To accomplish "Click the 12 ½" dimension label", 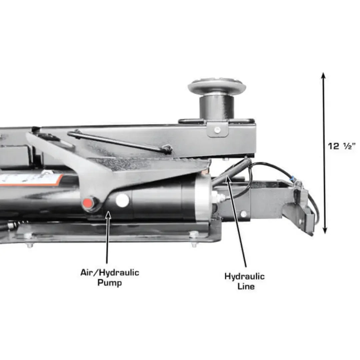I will click(342, 146).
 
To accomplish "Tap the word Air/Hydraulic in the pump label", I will click(110, 273).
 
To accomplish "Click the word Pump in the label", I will click(110, 283).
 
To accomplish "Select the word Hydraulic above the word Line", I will click(244, 276).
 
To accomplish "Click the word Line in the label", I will click(246, 286).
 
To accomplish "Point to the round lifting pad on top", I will click(217, 86).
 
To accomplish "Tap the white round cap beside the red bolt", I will click(122, 200).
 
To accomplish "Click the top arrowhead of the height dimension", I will click(323, 75).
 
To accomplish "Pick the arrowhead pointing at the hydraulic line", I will click(228, 179).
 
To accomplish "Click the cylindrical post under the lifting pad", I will click(217, 107).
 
